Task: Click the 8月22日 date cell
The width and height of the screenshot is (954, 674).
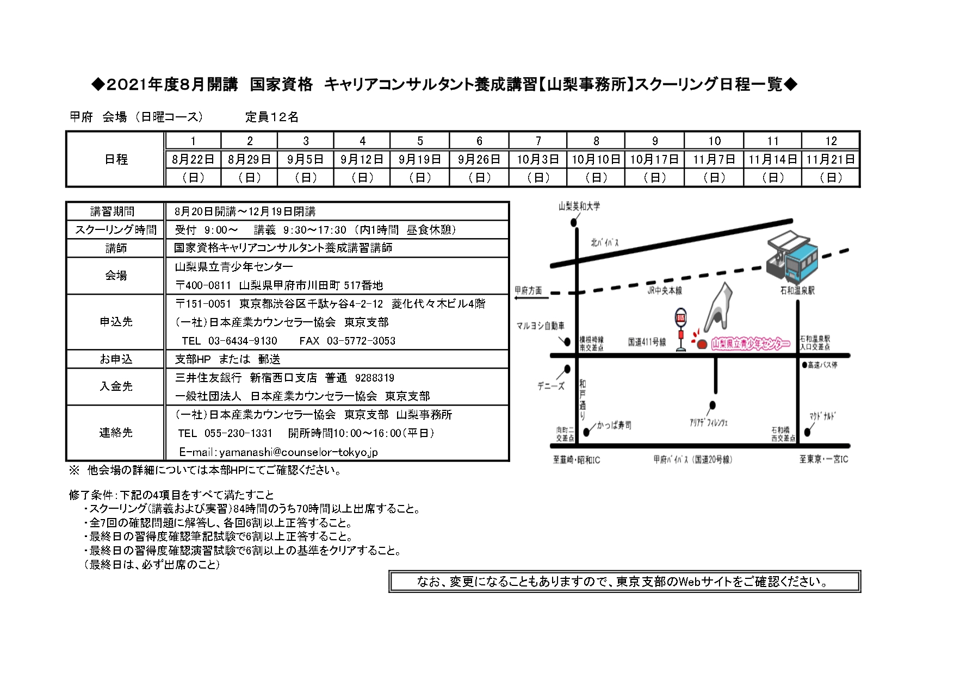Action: tap(193, 159)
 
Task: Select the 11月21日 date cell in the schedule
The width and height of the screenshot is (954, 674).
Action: tap(831, 159)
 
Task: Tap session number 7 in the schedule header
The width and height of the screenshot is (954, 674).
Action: tap(538, 141)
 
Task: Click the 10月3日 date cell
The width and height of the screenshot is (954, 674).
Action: tap(538, 159)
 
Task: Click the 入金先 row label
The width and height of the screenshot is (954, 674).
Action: tap(116, 386)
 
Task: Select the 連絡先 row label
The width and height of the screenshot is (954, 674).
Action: tap(116, 433)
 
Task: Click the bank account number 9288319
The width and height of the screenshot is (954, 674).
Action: tap(375, 378)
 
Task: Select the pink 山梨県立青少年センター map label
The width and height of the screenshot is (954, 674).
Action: tap(751, 344)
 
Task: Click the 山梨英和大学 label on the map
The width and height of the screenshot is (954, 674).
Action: tap(579, 206)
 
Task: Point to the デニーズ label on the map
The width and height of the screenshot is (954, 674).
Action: tap(551, 386)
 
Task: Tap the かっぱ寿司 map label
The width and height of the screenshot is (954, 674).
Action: tap(614, 425)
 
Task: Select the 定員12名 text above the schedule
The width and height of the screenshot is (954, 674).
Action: tap(271, 117)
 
